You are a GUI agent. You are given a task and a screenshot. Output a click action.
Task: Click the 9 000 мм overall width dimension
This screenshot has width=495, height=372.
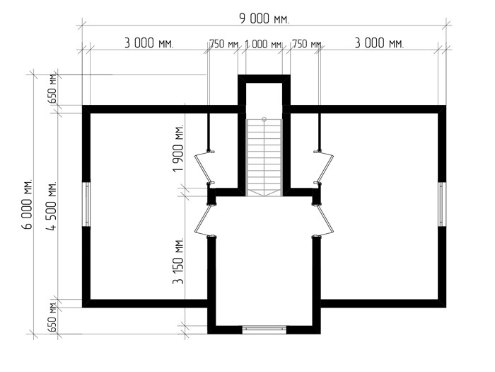click(264, 19)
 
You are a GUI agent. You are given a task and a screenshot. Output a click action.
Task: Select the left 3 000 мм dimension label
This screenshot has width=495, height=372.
click(149, 43)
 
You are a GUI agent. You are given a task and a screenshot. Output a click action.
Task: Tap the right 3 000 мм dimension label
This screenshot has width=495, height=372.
click(379, 43)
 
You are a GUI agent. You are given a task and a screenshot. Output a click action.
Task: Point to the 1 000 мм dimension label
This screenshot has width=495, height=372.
click(263, 44)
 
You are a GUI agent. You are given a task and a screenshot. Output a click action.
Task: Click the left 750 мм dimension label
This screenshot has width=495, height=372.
click(225, 44)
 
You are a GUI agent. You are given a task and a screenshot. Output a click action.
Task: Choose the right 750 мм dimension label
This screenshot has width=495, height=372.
click(307, 44)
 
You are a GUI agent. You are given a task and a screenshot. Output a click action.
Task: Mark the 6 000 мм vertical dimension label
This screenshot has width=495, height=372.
click(27, 204)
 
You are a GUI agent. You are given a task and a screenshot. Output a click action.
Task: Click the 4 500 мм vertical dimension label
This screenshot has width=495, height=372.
click(52, 205)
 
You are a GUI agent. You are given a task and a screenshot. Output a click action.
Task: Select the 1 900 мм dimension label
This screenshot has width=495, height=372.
click(178, 148)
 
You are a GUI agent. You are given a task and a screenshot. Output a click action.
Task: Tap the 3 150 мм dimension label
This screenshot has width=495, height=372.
click(178, 261)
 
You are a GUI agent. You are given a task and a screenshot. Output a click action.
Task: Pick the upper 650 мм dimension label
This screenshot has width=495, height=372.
click(52, 89)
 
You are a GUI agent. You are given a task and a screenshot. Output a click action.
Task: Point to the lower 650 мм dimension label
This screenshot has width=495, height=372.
click(52, 317)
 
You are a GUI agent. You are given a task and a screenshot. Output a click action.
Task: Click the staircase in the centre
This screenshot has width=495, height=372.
click(264, 157)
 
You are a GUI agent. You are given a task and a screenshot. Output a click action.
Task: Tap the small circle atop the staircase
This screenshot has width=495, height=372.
click(264, 119)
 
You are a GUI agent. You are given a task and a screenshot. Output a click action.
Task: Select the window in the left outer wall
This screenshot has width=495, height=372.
click(86, 204)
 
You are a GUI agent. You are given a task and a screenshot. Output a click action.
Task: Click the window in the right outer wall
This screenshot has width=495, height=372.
click(442, 204)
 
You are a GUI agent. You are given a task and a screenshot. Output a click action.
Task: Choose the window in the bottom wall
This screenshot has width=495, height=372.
click(264, 329)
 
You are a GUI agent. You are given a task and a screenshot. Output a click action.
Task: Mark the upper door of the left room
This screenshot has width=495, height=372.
click(204, 168)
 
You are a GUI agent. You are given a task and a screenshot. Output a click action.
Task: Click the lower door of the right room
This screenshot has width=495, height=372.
click(324, 220)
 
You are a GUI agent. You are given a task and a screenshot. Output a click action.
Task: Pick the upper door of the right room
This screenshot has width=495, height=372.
click(324, 168)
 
